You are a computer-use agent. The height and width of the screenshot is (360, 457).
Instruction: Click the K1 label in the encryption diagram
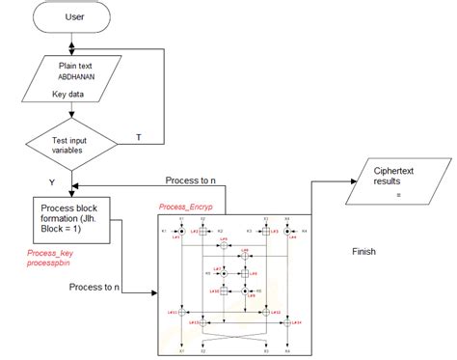click(165, 232)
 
